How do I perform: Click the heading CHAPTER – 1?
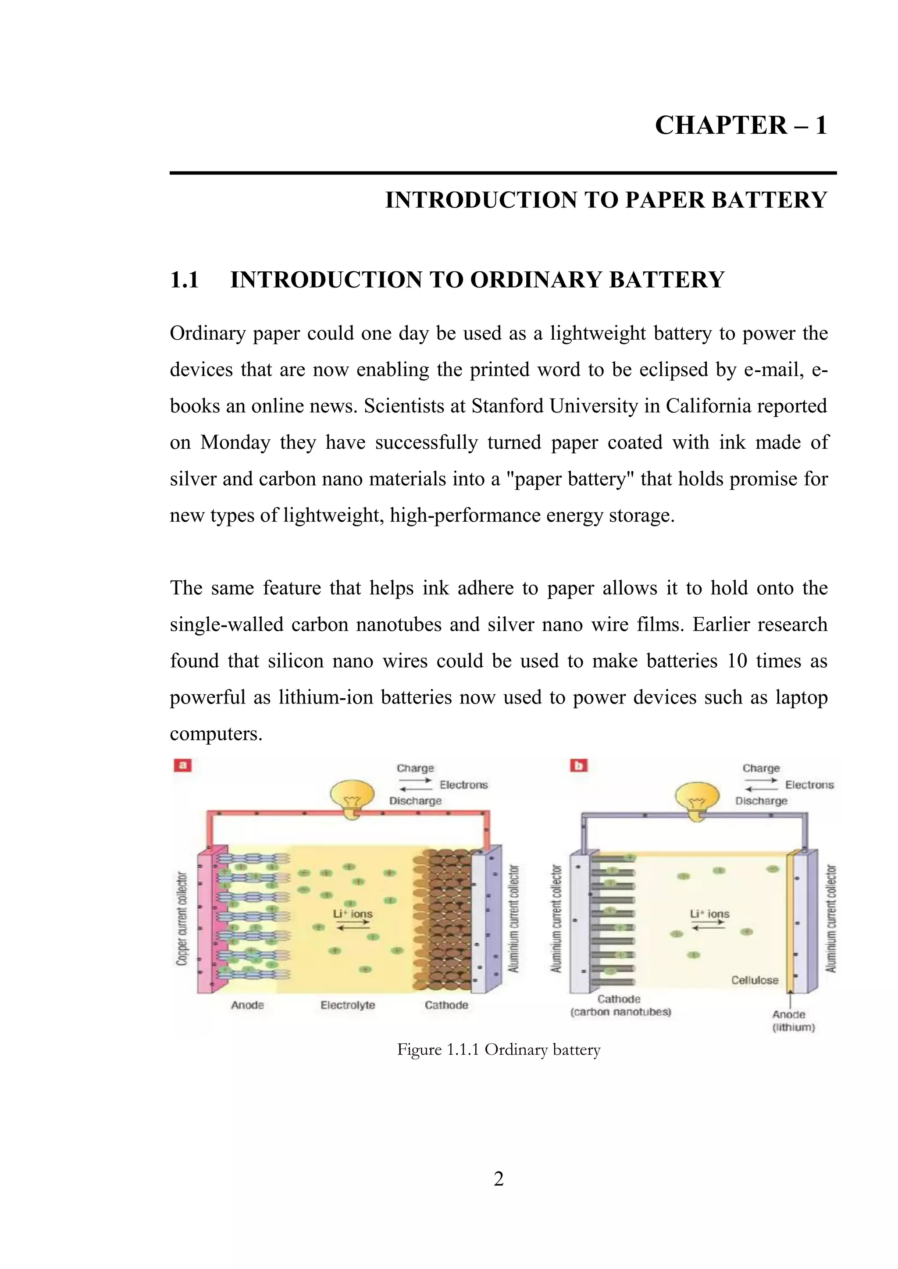click(x=741, y=125)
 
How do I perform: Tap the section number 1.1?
click(x=184, y=280)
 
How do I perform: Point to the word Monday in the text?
click(x=235, y=443)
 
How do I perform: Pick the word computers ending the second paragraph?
click(x=216, y=734)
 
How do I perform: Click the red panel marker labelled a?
click(x=183, y=765)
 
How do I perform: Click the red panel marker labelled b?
click(x=578, y=765)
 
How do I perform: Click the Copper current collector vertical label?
click(x=182, y=919)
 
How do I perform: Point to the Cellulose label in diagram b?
click(x=754, y=980)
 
